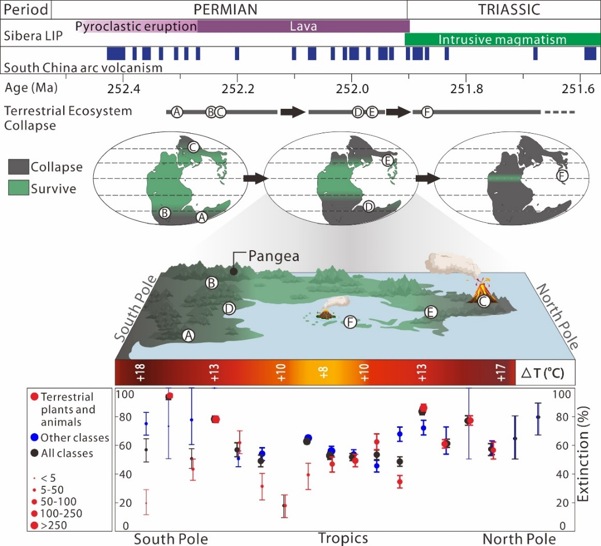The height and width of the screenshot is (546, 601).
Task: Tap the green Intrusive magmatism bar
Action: pyautogui.click(x=501, y=39)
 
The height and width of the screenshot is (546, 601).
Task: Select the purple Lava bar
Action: pyautogui.click(x=303, y=26)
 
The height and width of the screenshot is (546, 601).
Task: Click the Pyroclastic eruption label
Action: pyautogui.click(x=137, y=26)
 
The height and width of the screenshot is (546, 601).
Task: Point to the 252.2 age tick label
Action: pyautogui.click(x=237, y=89)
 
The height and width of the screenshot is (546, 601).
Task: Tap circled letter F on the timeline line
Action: pyautogui.click(x=427, y=112)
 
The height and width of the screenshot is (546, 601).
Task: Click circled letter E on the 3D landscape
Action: pyautogui.click(x=430, y=312)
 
